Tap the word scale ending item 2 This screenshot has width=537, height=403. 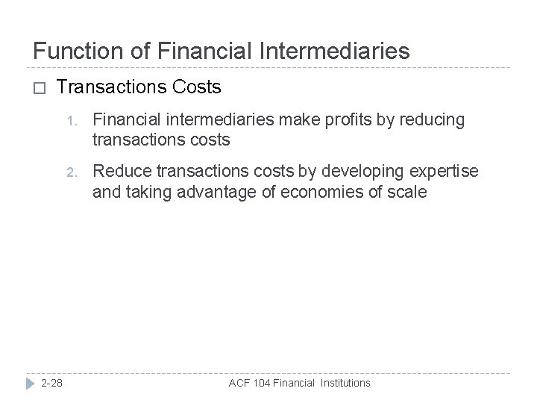coord(408,193)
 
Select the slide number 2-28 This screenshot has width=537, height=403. coord(52,383)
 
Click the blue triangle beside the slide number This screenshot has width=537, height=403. coord(29,383)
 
